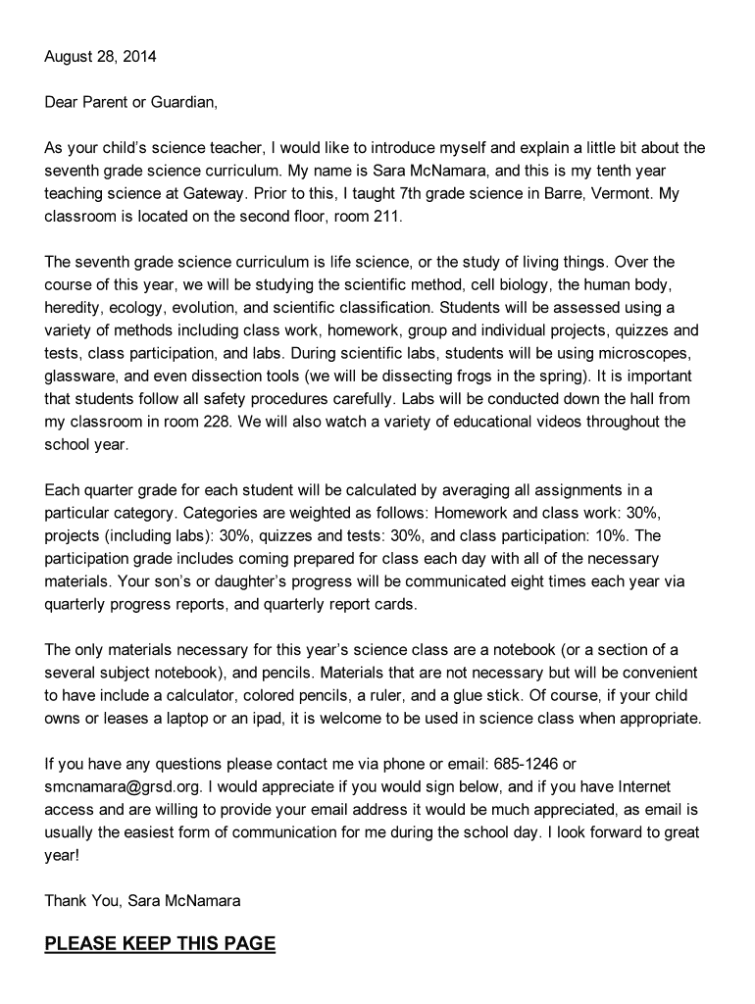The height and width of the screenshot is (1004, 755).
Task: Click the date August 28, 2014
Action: (x=100, y=57)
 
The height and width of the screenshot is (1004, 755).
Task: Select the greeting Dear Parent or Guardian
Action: (x=131, y=102)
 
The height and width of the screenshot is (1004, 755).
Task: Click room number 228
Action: (x=245, y=421)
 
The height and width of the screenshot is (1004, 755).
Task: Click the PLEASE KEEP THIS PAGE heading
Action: (x=160, y=944)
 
